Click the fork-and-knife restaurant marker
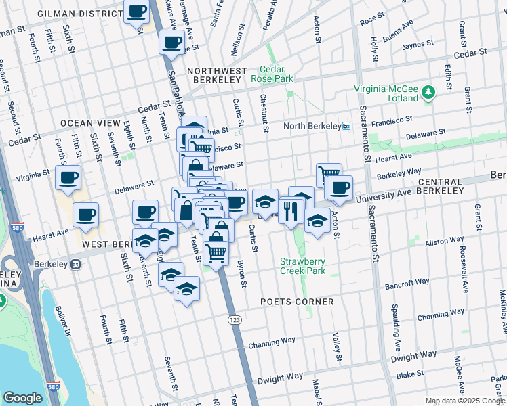click(x=292, y=212)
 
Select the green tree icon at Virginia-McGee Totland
click(x=428, y=91)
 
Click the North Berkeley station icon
click(x=346, y=126)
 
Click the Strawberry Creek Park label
click(x=303, y=266)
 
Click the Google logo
click(x=23, y=398)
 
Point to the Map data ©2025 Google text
click(x=465, y=401)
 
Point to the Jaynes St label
click(x=418, y=45)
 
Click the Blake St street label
click(x=410, y=374)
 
